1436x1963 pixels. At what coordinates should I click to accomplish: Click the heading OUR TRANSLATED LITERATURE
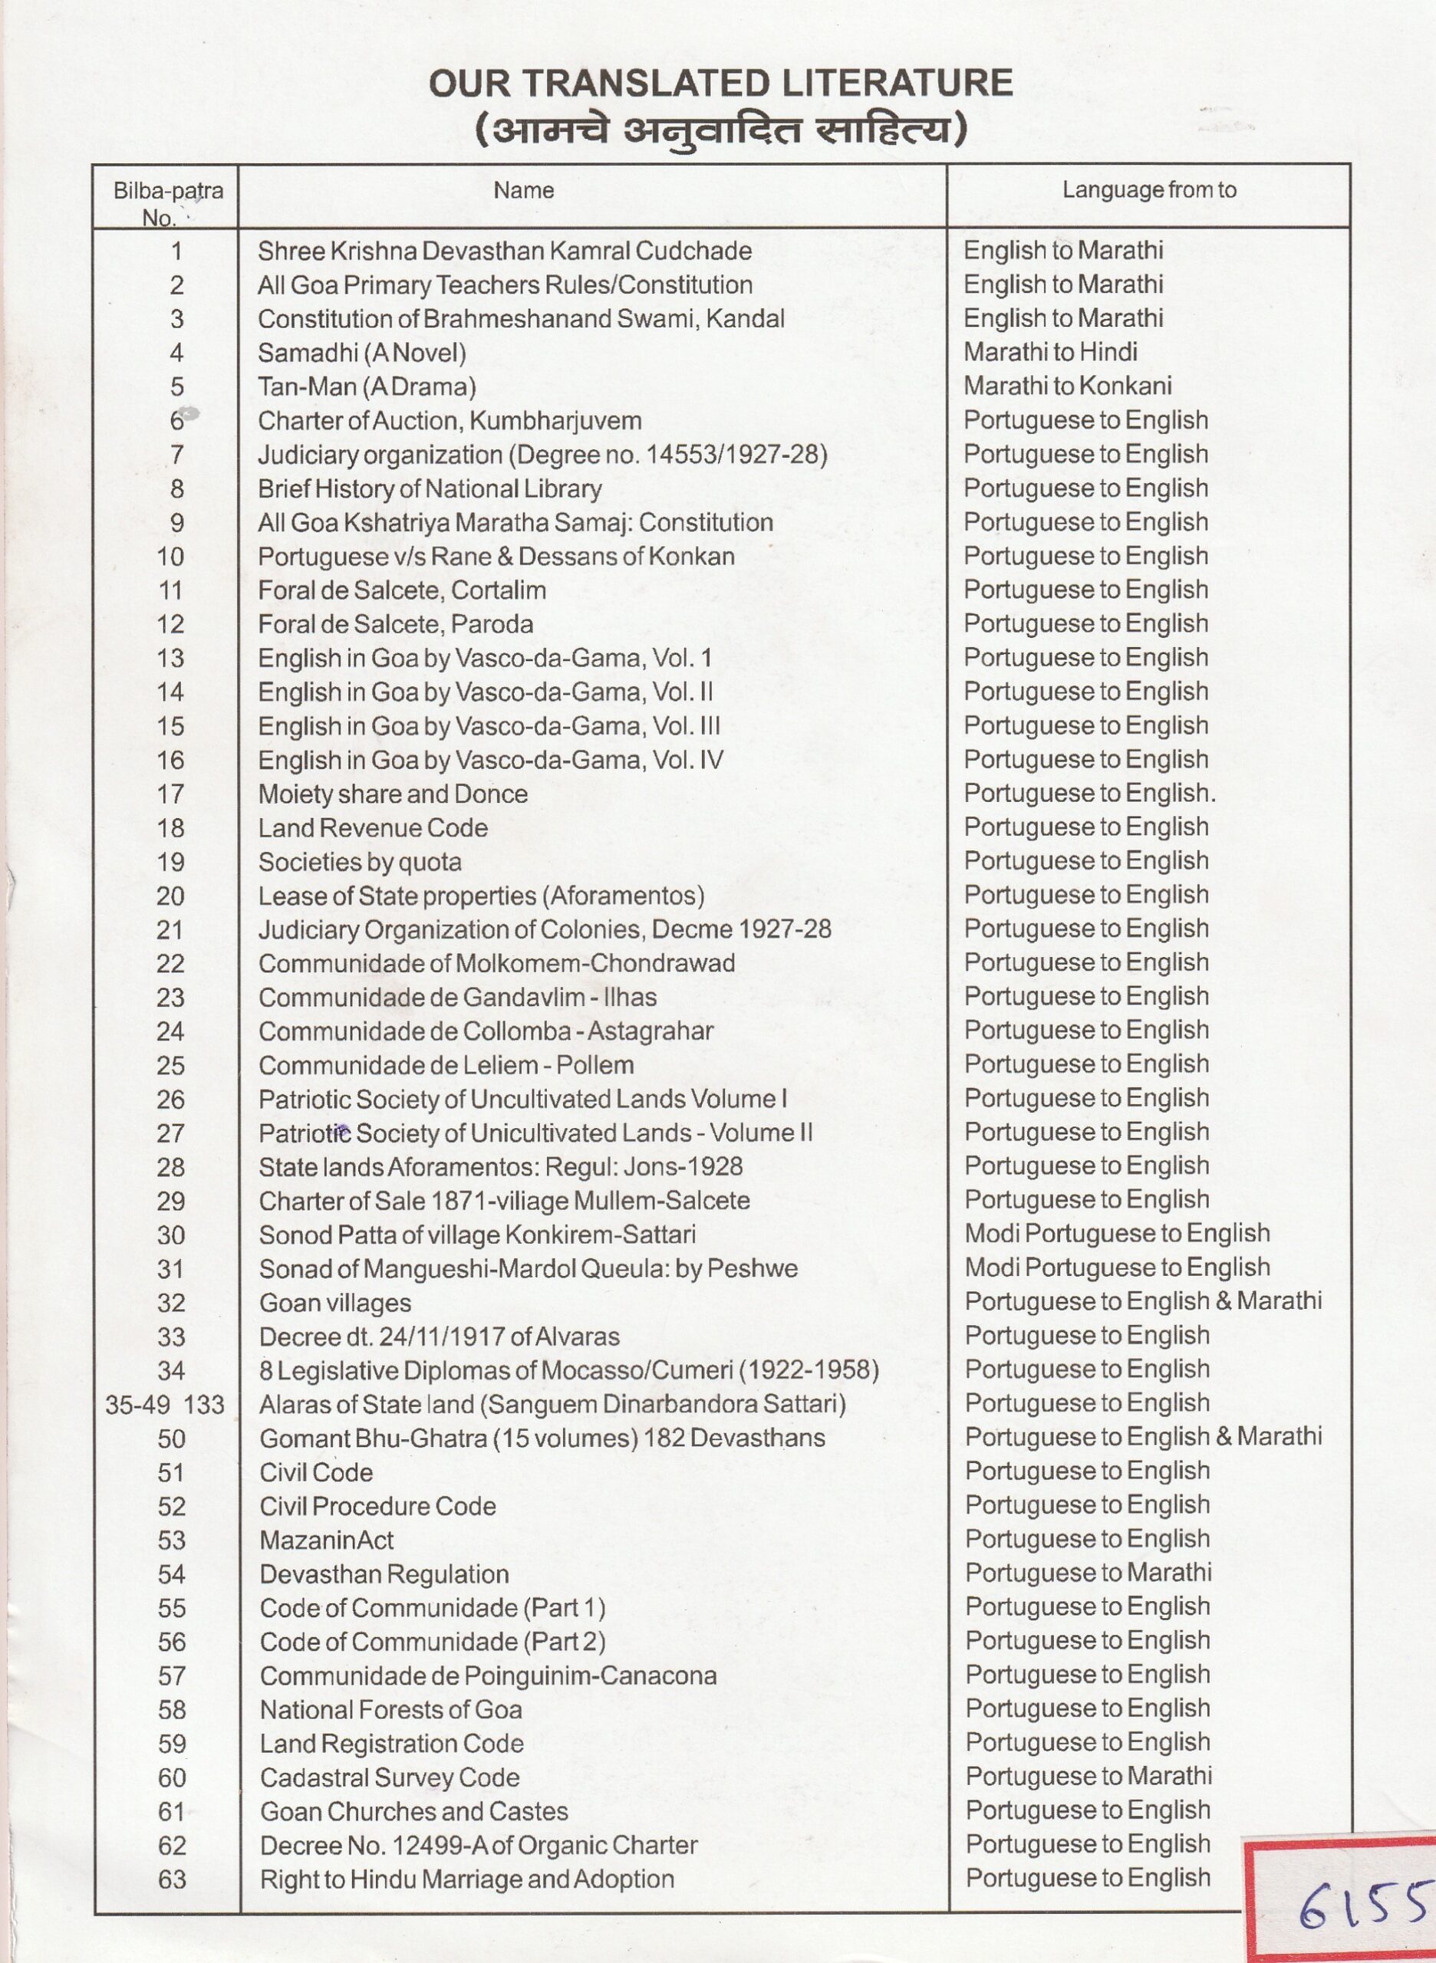(720, 84)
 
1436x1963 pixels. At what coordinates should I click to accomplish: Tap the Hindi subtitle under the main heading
(720, 131)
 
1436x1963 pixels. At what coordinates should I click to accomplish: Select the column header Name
(523, 190)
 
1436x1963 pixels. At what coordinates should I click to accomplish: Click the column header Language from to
(1148, 190)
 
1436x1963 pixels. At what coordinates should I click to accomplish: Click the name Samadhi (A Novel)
(361, 353)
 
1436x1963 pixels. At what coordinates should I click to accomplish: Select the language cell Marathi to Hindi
(1050, 352)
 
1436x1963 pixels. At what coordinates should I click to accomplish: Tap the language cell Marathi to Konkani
(1068, 386)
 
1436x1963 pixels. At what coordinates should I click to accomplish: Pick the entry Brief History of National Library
(430, 488)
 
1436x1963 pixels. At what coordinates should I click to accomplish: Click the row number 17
(170, 794)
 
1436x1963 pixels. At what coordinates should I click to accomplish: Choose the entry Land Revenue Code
(373, 828)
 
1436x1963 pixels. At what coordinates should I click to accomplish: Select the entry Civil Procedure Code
(377, 1506)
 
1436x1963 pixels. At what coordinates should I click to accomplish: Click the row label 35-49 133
(165, 1404)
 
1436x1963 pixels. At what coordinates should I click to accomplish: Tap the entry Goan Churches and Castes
(413, 1811)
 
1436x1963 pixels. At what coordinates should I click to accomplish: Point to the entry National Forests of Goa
(391, 1709)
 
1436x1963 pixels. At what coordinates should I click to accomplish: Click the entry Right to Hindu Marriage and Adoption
(467, 1879)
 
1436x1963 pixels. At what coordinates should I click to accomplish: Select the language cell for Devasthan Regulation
(1089, 1573)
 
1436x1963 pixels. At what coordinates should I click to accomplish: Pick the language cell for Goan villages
(1143, 1302)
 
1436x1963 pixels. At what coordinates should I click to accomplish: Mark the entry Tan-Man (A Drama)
(367, 386)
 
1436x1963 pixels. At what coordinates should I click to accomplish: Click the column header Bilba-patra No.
(168, 202)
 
